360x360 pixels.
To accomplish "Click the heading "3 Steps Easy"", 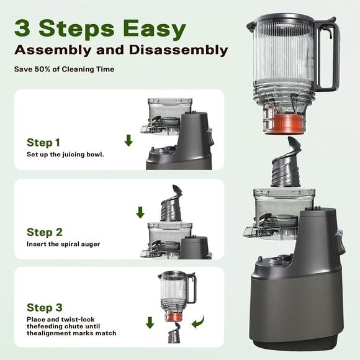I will [100, 28].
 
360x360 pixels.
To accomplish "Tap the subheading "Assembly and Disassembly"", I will [121, 50].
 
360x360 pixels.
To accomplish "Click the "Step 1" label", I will [44, 142].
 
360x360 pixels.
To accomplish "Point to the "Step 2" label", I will [44, 232].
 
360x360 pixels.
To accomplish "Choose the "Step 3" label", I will [44, 307].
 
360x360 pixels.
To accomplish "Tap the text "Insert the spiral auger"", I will [63, 244].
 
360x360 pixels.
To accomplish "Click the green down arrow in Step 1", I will [128, 140].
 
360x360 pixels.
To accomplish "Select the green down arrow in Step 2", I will [140, 212].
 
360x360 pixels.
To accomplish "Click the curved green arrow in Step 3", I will [198, 322].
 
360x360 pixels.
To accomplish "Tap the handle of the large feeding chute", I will [329, 56].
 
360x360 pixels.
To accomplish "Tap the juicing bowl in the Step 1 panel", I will [164, 115].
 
